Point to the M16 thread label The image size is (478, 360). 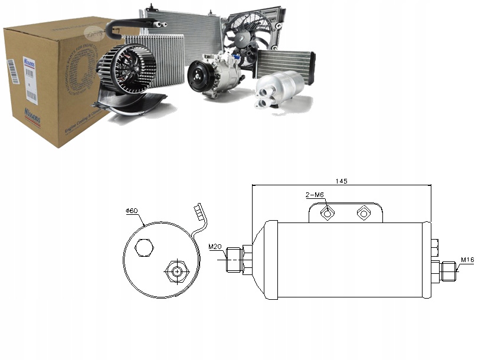coord(467,259)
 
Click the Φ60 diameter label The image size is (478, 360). coord(131,211)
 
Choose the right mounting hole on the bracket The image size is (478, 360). coord(363,214)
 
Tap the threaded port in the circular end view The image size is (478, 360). coord(175,272)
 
